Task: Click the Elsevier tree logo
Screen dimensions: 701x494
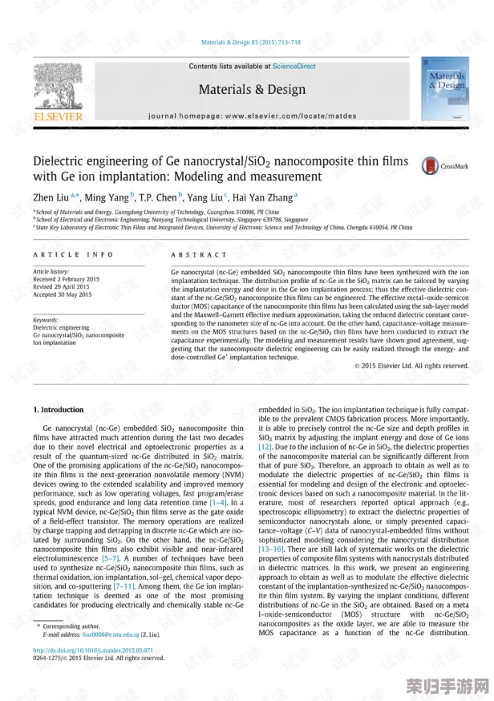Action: pos(58,90)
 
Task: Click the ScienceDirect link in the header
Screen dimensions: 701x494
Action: pos(294,67)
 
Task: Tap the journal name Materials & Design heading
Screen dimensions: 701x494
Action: pos(252,90)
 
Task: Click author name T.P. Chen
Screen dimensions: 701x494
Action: pos(158,197)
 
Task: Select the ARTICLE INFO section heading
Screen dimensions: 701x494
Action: pos(73,255)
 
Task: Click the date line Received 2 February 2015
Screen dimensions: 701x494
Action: pos(67,279)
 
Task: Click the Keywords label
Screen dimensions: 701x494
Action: pos(46,319)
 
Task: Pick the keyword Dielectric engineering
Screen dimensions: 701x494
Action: pos(61,327)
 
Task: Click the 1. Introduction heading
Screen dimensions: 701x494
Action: pos(58,410)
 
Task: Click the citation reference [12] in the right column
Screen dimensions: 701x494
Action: pos(265,445)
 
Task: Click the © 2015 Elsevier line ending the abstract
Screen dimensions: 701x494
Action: pos(411,366)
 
